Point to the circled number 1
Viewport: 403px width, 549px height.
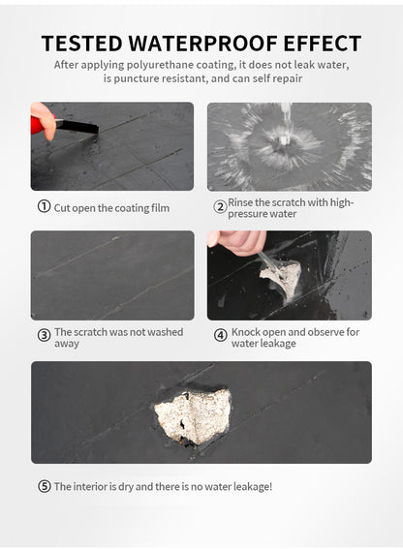click(44, 206)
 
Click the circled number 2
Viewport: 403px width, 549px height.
click(220, 206)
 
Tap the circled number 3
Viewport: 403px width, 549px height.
click(44, 335)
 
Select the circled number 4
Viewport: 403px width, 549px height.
click(220, 335)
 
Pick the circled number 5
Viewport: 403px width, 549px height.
click(44, 486)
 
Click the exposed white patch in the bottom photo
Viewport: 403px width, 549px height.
click(193, 414)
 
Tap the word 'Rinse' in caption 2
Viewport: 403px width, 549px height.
click(241, 202)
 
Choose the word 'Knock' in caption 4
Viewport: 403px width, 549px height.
click(246, 331)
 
